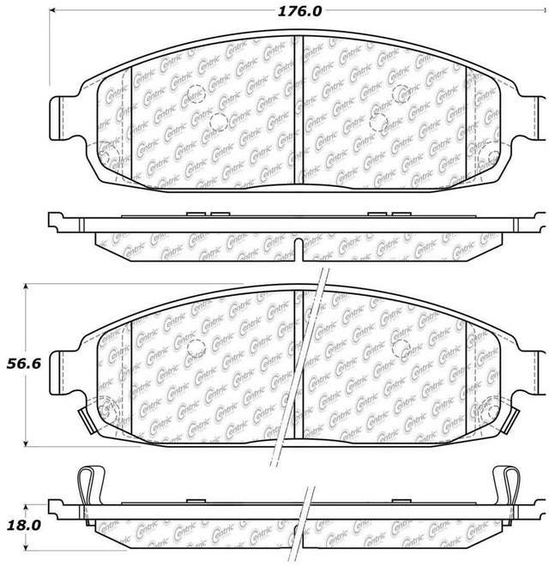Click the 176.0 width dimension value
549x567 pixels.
pyautogui.click(x=299, y=11)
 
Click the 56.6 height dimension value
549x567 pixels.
pyautogui.click(x=24, y=364)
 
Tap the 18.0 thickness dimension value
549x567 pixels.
pyautogui.click(x=24, y=525)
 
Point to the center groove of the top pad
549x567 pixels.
pyautogui.click(x=299, y=110)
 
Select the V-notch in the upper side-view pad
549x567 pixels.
pyautogui.click(x=299, y=250)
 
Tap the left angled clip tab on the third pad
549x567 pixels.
pyautogui.click(x=87, y=420)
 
